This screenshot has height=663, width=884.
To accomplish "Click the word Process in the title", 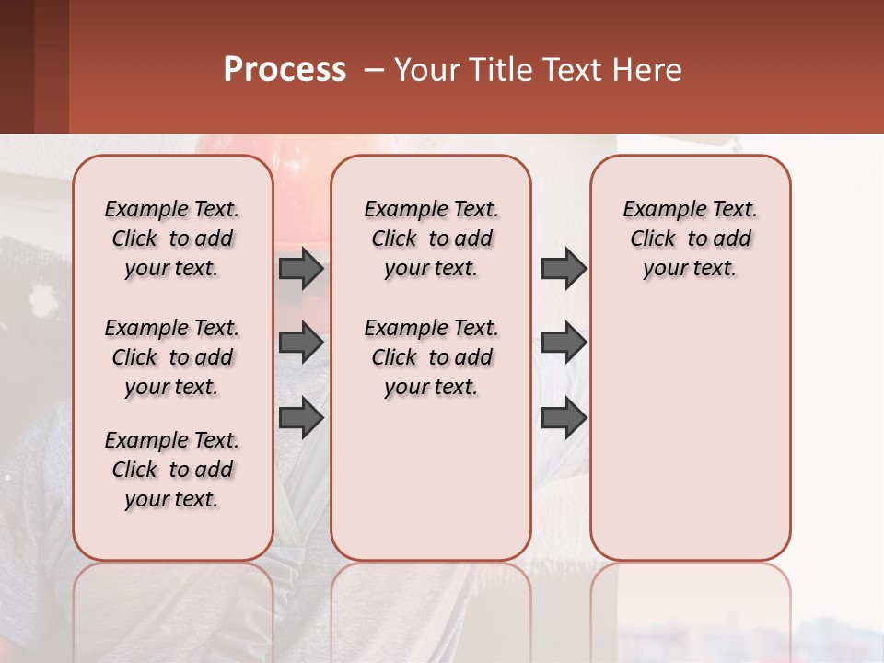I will tap(285, 70).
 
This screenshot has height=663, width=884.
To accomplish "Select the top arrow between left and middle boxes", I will tap(301, 269).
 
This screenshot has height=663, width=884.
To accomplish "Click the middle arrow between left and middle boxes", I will tap(301, 343).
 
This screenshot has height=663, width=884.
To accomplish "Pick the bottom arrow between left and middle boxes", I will tap(301, 417).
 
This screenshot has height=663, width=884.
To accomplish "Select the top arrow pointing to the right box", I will tap(564, 269).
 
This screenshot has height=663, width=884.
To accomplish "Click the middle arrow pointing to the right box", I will tap(564, 343).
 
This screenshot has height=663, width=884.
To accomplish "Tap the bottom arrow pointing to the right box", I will tap(564, 417).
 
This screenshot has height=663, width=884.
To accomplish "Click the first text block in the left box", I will tap(172, 238).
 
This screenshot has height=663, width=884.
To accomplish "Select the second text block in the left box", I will tap(172, 357).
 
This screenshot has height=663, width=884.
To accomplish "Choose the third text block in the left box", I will tap(172, 470).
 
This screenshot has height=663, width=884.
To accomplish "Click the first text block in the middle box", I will tap(431, 238).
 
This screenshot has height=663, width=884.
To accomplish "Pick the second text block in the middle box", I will tap(431, 357).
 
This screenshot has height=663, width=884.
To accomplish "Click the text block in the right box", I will tap(690, 238).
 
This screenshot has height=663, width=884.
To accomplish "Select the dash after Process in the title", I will tap(373, 70).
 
